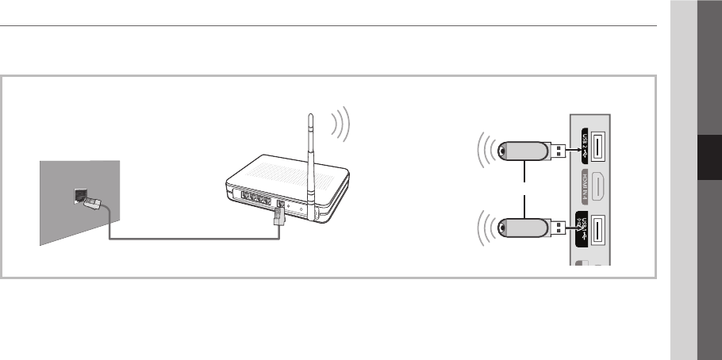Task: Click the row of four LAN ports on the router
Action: click(252, 196)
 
